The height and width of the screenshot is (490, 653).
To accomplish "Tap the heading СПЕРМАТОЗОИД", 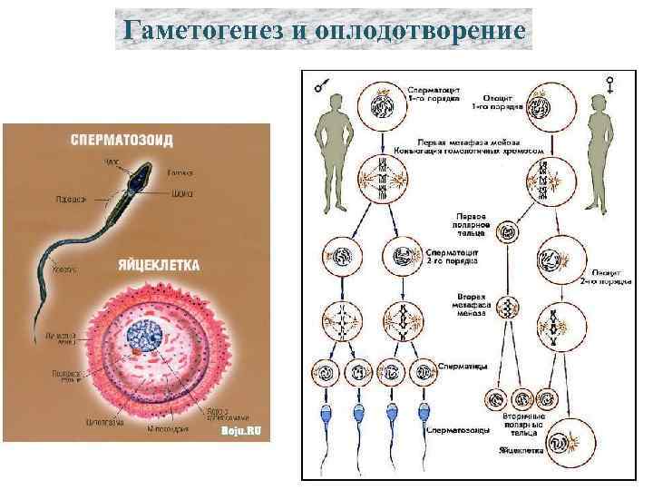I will click(x=123, y=140).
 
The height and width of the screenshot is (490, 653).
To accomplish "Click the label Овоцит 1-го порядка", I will click(x=497, y=96).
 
